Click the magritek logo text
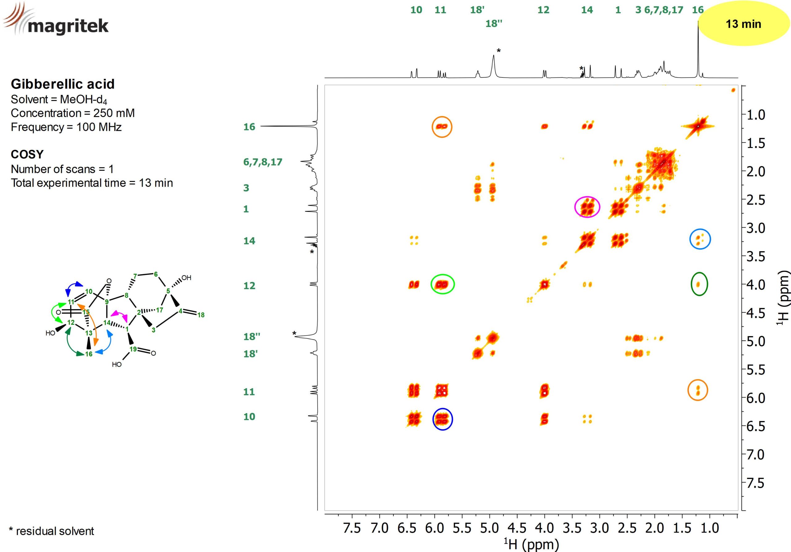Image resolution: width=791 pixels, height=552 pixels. point(68,26)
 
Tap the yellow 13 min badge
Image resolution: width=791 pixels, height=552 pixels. point(743,24)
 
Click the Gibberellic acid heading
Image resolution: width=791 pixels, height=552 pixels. point(62,84)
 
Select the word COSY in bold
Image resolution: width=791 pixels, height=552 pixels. point(27,154)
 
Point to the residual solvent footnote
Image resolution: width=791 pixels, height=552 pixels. point(51,531)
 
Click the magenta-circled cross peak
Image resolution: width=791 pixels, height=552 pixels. point(587,207)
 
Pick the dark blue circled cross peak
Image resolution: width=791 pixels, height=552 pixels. point(442,419)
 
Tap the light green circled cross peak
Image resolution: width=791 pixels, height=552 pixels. point(442,284)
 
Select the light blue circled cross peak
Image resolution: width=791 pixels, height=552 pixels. point(700,239)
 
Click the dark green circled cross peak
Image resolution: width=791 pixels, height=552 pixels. point(699,284)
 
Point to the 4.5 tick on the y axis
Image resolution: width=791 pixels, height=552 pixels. point(756,313)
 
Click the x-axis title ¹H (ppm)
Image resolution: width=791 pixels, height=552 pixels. point(531,544)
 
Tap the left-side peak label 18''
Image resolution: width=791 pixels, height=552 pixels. point(252,336)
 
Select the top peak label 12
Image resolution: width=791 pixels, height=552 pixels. point(543,10)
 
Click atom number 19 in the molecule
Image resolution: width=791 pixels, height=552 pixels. point(133,349)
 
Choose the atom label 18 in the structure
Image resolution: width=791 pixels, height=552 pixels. point(201,315)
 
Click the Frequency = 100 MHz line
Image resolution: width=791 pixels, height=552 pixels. point(66,127)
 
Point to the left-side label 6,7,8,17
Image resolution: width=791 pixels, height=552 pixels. point(263,162)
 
